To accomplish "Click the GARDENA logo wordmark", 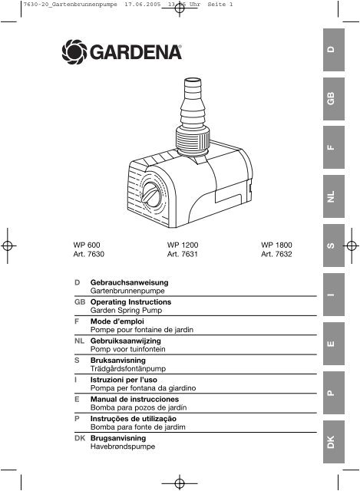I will coord(138,54).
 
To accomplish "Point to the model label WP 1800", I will coord(277,245).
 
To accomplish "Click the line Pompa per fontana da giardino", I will coord(144,389).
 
